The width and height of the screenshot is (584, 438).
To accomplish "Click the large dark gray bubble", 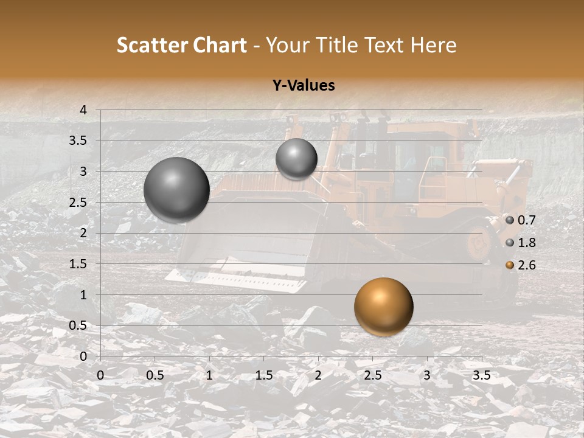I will coord(176,190).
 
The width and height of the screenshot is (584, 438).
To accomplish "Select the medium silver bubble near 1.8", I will coord(296,159).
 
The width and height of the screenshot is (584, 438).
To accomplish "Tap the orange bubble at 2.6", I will coord(383,307).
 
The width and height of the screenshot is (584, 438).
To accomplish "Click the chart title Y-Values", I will coord(303,86).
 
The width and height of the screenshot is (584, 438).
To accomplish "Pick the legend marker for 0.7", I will coord(510,220).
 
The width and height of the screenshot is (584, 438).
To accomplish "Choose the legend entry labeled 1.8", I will coord(526,243).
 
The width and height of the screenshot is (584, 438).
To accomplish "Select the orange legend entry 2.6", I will coord(526,265).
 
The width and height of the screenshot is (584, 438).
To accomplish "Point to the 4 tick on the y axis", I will coord(83,110).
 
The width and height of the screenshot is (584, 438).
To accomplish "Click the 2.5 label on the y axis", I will coord(78,203).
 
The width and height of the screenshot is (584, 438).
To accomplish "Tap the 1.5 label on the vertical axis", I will coord(78,264).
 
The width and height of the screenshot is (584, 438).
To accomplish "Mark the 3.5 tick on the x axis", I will coord(481,375).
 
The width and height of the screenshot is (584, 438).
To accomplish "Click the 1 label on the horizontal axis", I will coord(209,375).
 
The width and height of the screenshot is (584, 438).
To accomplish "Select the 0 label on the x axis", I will coord(100,375).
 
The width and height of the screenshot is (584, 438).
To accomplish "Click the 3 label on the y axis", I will coord(83,172).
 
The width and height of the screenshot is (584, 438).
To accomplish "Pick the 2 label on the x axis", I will coord(318,375).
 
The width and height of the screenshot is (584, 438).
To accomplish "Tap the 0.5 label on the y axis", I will coord(78,325).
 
